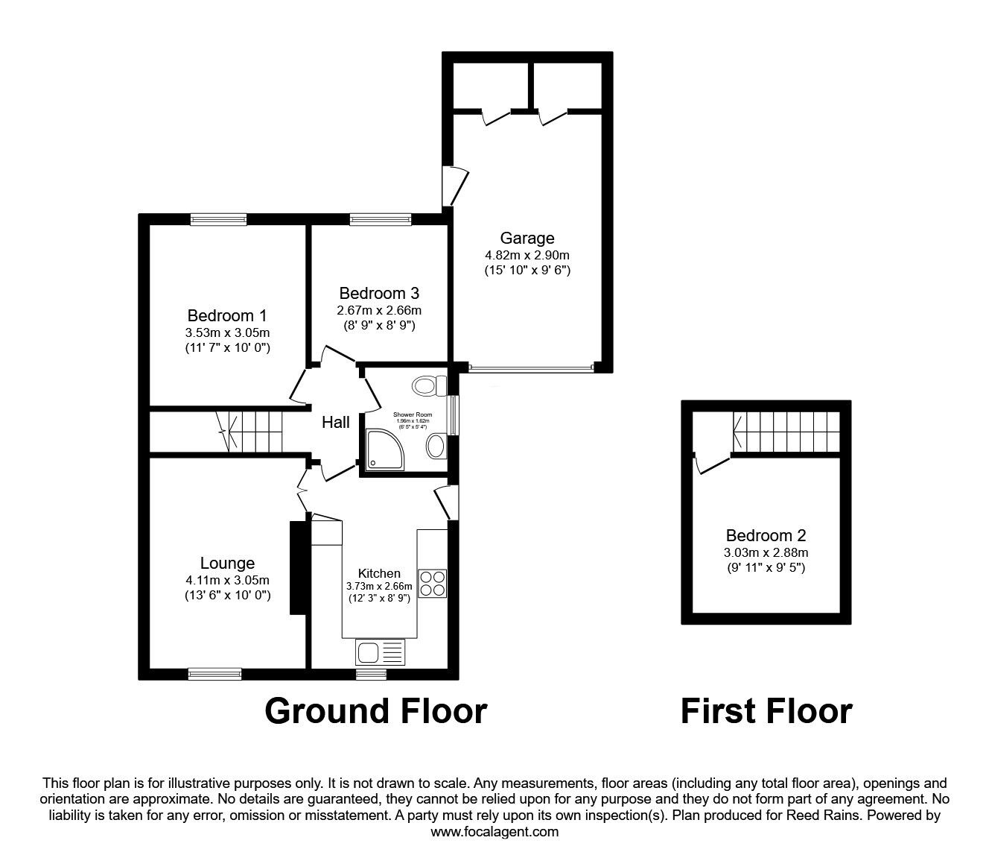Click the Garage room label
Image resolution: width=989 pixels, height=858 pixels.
click(527, 239)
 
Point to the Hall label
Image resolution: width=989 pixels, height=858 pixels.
click(336, 423)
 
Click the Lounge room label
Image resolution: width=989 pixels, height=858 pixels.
click(227, 564)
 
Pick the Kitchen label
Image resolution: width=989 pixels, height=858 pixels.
click(379, 573)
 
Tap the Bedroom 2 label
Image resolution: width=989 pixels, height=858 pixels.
click(766, 535)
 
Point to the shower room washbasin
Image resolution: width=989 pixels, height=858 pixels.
click(435, 447)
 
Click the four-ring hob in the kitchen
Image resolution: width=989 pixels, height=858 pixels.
click(432, 582)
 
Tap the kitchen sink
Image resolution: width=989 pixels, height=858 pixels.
click(380, 652)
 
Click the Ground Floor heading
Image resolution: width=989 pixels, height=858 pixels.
click(376, 711)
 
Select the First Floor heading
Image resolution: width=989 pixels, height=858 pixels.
click(766, 711)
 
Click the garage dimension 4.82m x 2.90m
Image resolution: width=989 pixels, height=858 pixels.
click(527, 255)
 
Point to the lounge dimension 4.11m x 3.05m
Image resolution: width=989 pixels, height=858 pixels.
click(227, 580)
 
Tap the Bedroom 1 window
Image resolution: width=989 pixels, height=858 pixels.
click(218, 219)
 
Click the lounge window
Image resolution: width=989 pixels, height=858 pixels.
click(214, 674)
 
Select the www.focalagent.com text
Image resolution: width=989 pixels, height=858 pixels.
click(495, 832)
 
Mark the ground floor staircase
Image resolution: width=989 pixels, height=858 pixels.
click(252, 432)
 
